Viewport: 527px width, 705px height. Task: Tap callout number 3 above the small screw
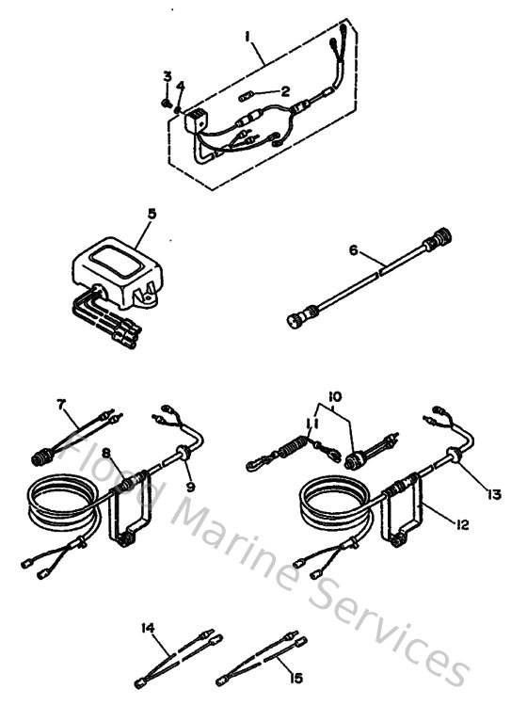coord(166,76)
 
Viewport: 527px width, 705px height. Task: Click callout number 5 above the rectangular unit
coord(151,214)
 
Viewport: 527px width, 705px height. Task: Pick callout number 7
coord(62,405)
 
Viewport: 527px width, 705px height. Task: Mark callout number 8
coord(106,454)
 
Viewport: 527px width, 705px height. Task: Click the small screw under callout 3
coord(166,103)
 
